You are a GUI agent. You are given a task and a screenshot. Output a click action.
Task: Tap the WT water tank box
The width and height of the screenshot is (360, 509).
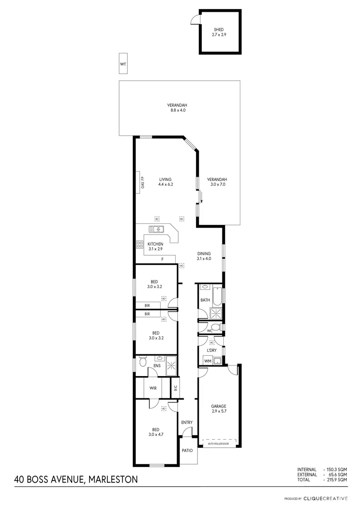(x=123, y=64)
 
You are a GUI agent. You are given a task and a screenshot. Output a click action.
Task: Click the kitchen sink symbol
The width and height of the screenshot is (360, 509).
(x=156, y=230)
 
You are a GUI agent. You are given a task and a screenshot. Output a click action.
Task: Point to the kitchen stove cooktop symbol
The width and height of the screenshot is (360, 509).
(x=140, y=245)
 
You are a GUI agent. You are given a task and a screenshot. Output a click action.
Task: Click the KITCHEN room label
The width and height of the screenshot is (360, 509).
(x=155, y=244)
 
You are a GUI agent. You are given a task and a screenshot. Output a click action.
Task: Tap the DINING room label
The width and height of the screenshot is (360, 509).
(x=204, y=254)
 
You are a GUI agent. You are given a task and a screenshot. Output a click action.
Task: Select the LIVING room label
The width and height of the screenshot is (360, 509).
(x=165, y=180)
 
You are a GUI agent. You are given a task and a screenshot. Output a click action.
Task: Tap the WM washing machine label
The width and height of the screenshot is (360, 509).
(x=207, y=361)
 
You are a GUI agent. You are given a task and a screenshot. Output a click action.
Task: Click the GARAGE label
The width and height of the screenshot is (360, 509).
(x=219, y=406)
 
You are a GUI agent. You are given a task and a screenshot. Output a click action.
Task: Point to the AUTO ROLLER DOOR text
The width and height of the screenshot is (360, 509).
(x=218, y=443)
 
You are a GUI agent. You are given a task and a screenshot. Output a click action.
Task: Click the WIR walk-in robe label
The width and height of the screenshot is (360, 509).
(x=153, y=388)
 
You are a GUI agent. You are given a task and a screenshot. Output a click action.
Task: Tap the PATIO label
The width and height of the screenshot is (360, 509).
(x=187, y=451)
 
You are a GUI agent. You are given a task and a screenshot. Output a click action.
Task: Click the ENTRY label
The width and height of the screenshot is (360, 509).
(x=187, y=422)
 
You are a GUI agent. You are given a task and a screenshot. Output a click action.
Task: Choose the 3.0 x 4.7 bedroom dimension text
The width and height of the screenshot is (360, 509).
(x=155, y=435)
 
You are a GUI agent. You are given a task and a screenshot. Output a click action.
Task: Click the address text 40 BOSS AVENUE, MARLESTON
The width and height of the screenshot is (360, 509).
(x=76, y=480)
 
